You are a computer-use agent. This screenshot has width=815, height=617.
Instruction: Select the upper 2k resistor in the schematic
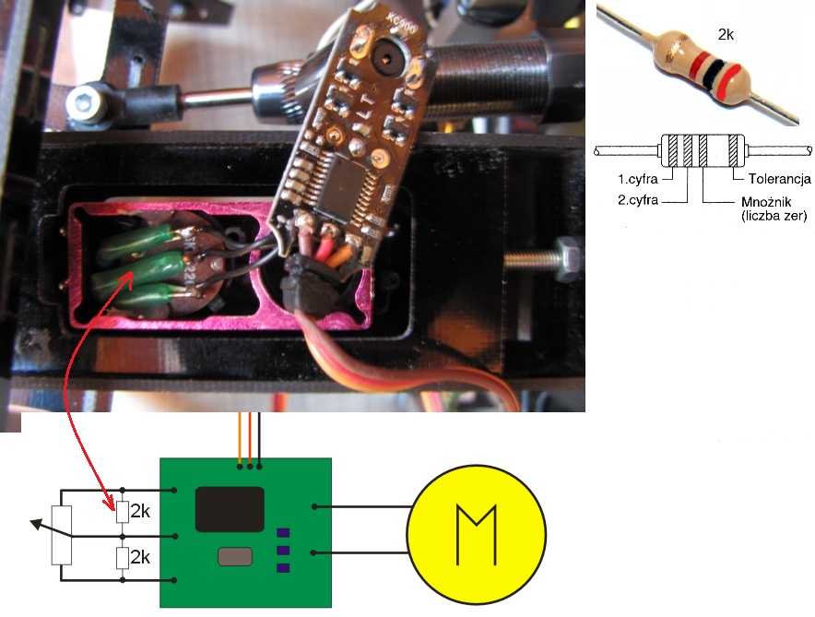[x=122, y=510]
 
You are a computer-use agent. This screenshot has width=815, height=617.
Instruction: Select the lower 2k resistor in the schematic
[x=122, y=559]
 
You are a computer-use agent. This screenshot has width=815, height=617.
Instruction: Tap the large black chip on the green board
[x=230, y=509]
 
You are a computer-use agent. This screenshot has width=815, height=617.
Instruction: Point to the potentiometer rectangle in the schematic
[x=62, y=534]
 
